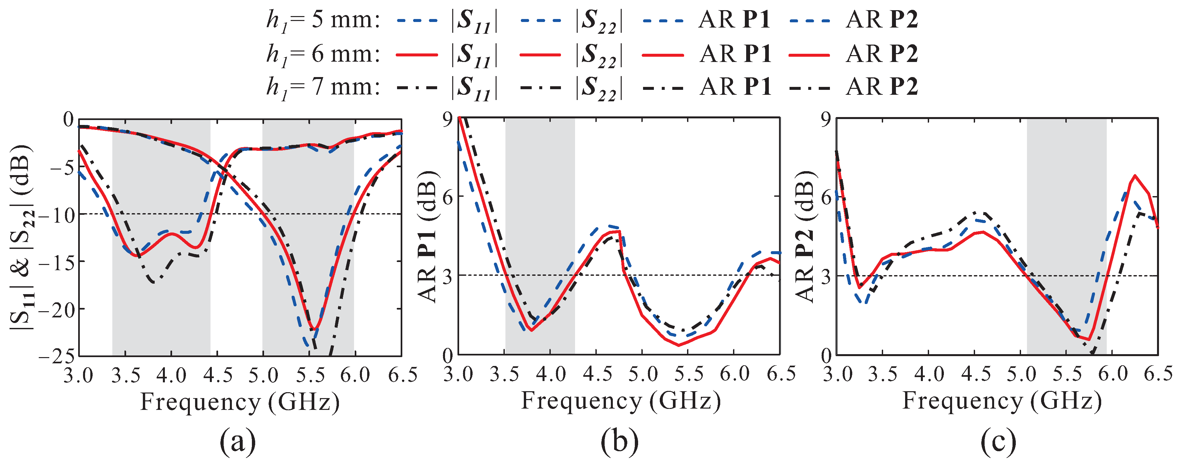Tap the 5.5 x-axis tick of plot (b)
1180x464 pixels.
pos(688,374)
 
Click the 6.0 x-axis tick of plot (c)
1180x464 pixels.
pos(1113,374)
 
